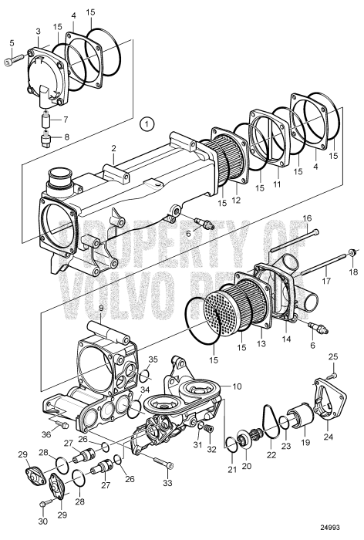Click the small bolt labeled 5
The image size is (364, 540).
tap(10, 61)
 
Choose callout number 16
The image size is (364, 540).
tap(306, 218)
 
